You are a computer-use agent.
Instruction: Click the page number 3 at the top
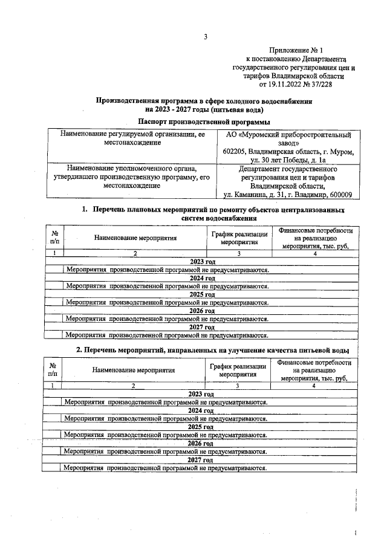tap(205, 37)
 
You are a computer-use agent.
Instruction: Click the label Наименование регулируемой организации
tap(132, 134)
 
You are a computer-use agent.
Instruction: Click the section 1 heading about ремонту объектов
tap(205, 214)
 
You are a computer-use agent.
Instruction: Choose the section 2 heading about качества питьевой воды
tap(204, 351)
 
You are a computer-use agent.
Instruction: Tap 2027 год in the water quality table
tap(202, 460)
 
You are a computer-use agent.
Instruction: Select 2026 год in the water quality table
tap(202, 444)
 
